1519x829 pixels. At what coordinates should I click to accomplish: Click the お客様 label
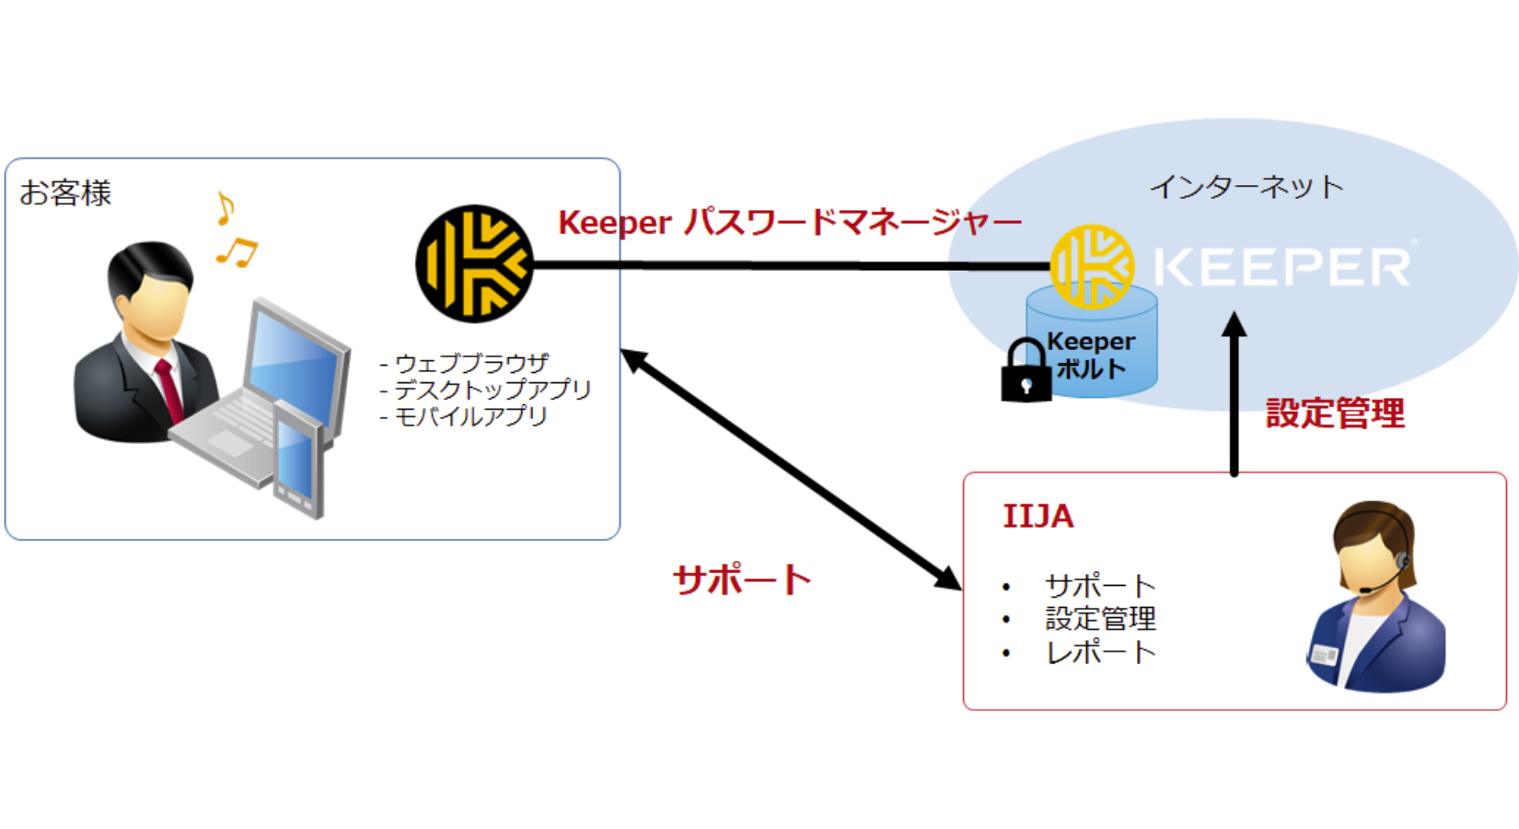tap(65, 193)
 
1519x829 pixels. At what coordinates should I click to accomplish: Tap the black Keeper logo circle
tap(474, 264)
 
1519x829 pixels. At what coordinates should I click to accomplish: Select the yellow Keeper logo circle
tap(1093, 266)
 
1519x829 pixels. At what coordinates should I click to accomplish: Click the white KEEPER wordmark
tap(1281, 267)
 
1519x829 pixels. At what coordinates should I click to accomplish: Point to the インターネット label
tap(1247, 187)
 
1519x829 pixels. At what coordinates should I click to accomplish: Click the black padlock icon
tap(1026, 373)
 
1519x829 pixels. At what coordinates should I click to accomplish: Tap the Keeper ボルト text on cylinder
tap(1091, 356)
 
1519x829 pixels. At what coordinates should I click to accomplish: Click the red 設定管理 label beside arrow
tap(1335, 414)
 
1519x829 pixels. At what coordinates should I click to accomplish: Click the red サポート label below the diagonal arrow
tap(742, 579)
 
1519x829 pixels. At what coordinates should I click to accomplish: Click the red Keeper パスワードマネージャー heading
tap(789, 223)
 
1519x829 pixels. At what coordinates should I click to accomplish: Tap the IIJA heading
tap(1038, 517)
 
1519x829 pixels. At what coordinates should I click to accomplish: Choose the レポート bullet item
tap(1100, 652)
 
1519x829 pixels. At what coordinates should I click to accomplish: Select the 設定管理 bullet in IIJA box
tap(1100, 619)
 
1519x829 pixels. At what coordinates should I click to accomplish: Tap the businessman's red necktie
tap(169, 391)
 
